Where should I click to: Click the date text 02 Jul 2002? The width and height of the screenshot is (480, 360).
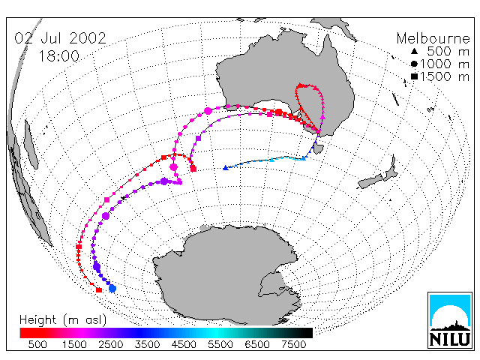60,38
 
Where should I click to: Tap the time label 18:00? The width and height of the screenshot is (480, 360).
58,56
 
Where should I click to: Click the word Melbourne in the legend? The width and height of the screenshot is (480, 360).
433,38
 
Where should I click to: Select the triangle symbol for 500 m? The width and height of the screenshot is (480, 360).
414,51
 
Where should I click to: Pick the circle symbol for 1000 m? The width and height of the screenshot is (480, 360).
414,64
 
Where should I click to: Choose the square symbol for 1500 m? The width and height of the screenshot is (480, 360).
414,76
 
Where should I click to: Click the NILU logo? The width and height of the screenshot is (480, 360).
450,320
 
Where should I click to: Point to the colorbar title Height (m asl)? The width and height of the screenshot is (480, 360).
63,320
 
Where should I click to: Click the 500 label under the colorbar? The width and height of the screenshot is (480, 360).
37,345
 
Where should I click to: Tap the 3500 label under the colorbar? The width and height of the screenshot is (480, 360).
147,345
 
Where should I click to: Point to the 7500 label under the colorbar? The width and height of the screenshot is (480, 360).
293,345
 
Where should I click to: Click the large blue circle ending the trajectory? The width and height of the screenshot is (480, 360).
112,288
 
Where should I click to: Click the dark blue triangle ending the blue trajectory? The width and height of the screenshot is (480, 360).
226,168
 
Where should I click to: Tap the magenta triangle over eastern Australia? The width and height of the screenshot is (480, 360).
322,117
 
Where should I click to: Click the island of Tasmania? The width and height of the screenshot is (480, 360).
318,148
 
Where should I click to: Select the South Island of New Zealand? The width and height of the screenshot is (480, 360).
370,182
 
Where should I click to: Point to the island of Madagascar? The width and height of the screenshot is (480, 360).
31,145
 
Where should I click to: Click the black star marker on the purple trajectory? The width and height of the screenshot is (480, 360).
123,198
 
